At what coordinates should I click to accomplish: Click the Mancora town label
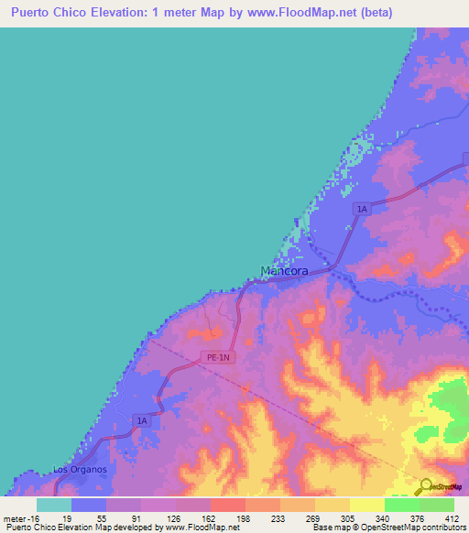coord(287,271)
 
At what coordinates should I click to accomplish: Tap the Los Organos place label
coord(80,470)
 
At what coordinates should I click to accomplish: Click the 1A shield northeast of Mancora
coord(362,210)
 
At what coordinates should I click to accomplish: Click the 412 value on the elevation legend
coord(451,517)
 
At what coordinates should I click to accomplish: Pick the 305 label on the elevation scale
coord(349,517)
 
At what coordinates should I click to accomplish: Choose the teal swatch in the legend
coord(53,505)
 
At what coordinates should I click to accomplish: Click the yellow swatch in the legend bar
coord(366,505)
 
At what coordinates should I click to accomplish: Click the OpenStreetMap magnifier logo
coord(424,485)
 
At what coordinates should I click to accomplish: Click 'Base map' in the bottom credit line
coord(328,528)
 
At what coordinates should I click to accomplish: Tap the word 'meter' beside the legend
coord(14,517)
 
